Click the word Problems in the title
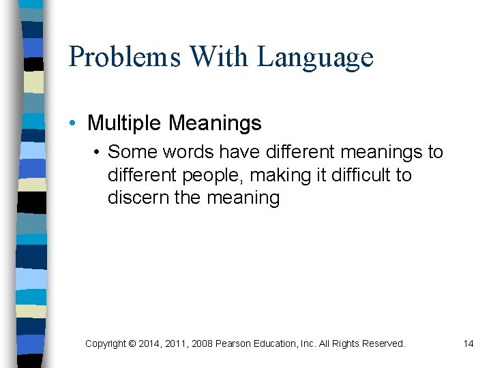pyautogui.click(x=124, y=57)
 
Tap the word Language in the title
pyautogui.click(x=315, y=57)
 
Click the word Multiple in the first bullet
pyautogui.click(x=125, y=123)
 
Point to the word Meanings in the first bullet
pyautogui.click(x=215, y=123)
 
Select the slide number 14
pyautogui.click(x=468, y=344)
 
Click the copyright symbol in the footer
pyautogui.click(x=132, y=344)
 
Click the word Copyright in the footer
pyautogui.click(x=105, y=344)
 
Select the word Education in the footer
pyautogui.click(x=278, y=344)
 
